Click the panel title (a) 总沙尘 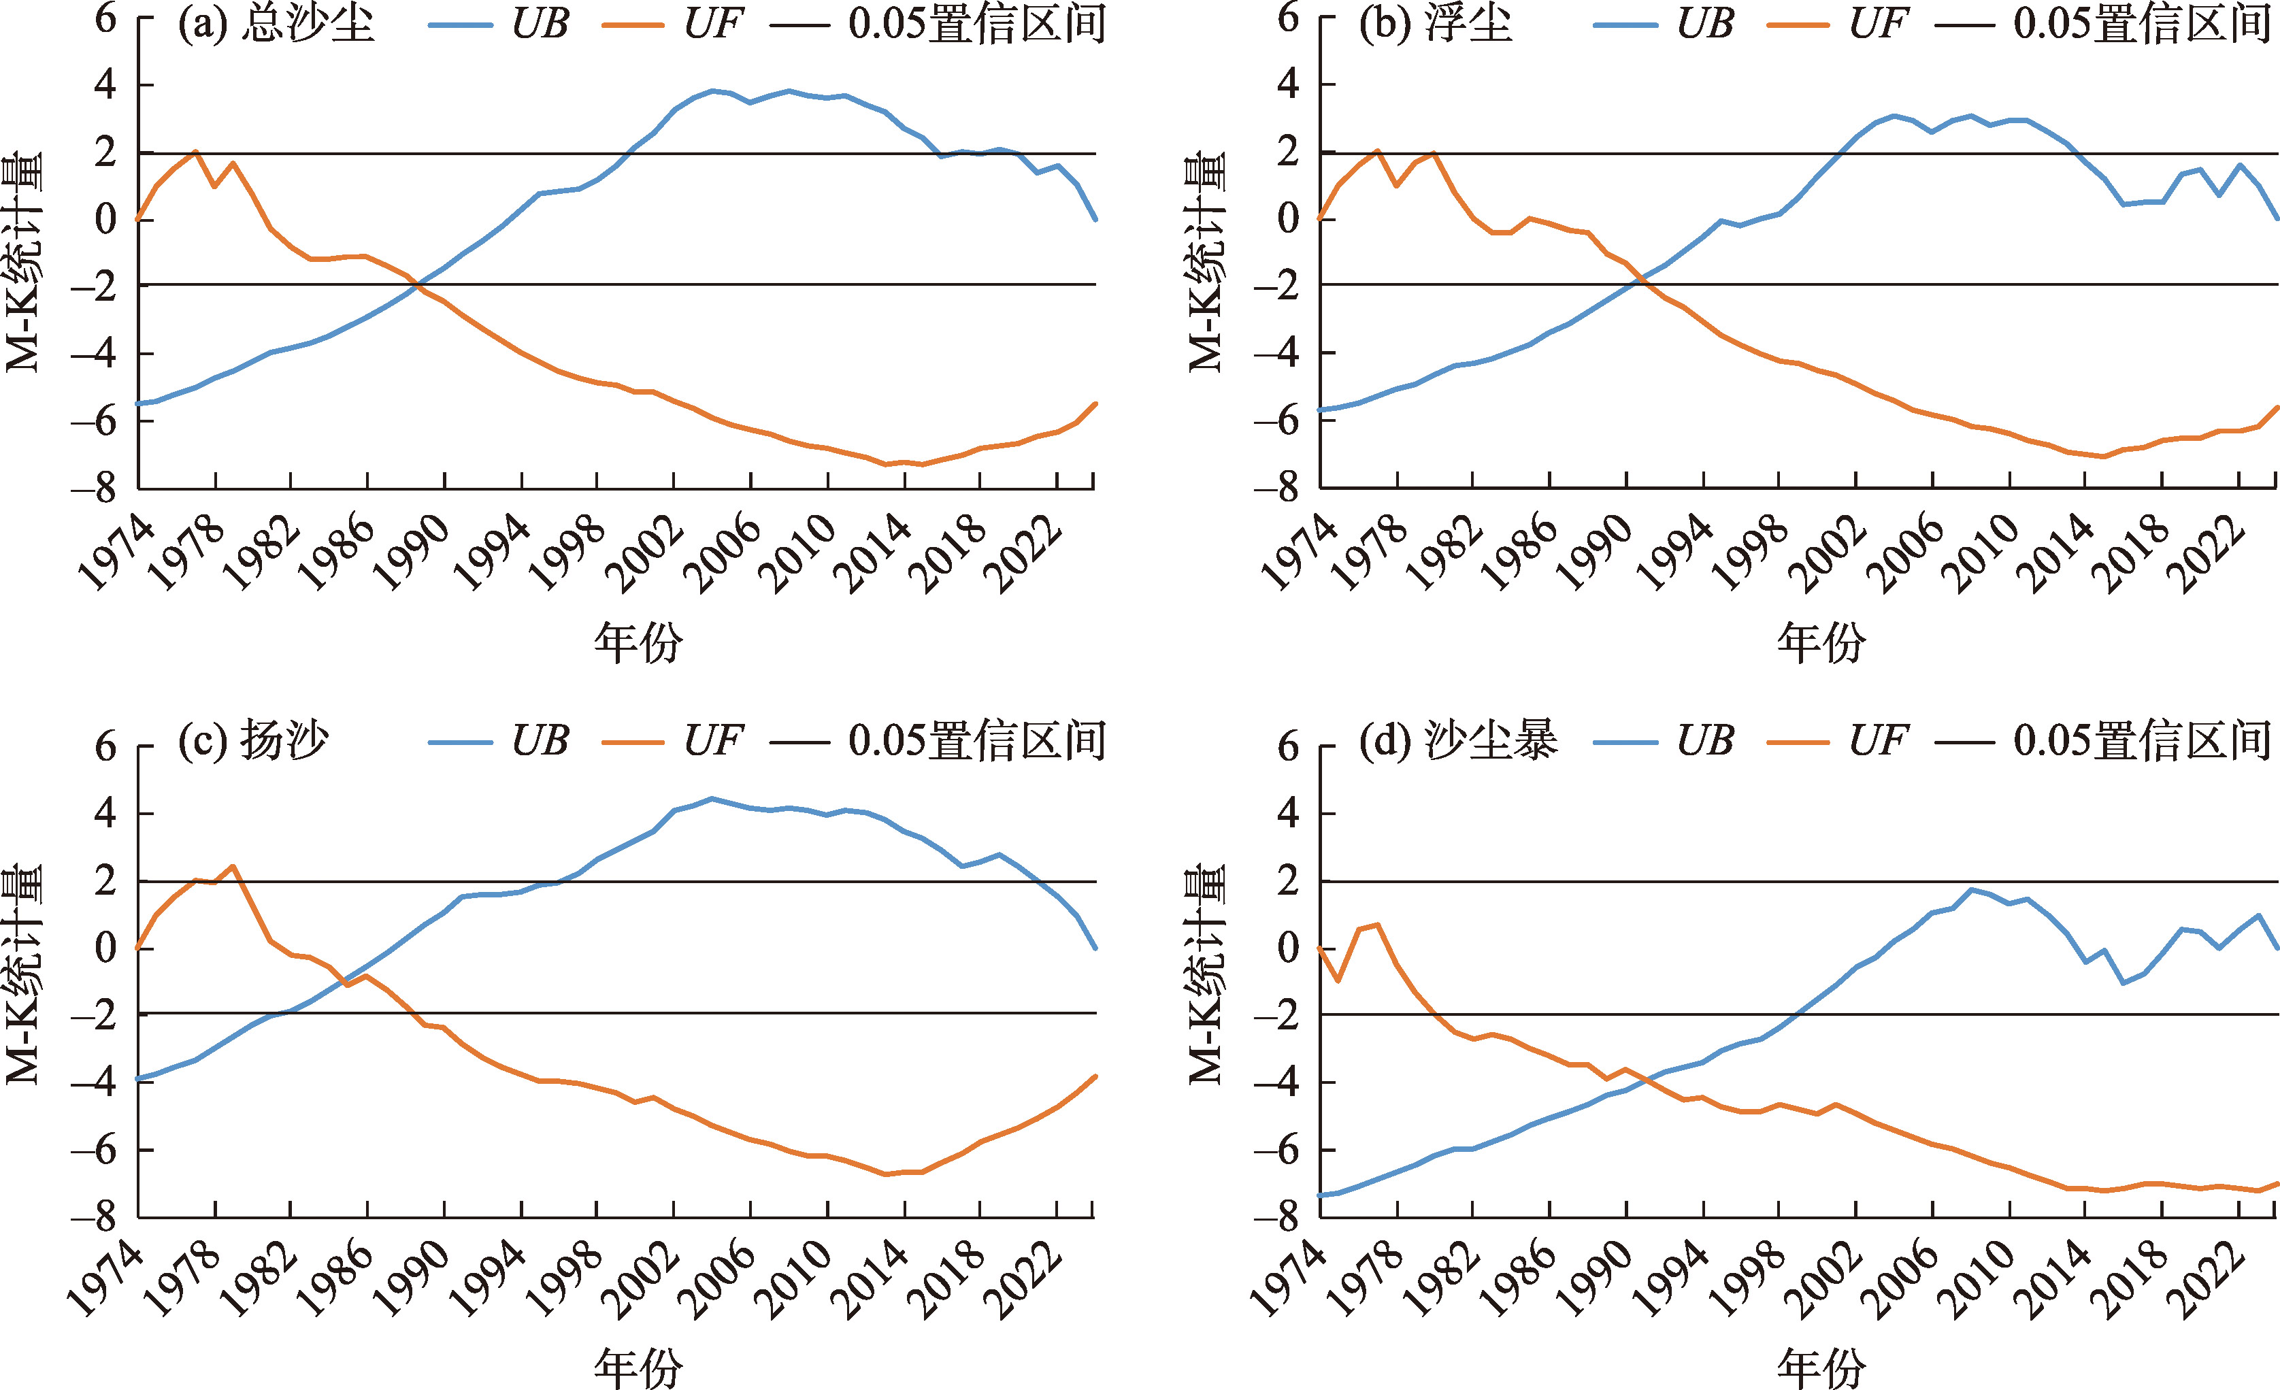(276, 24)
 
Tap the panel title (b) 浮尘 (1435, 24)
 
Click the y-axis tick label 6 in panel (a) (106, 18)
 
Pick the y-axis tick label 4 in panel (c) (106, 814)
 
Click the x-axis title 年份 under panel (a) (638, 642)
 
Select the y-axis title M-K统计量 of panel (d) (1206, 974)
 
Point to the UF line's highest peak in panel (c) (232, 867)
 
